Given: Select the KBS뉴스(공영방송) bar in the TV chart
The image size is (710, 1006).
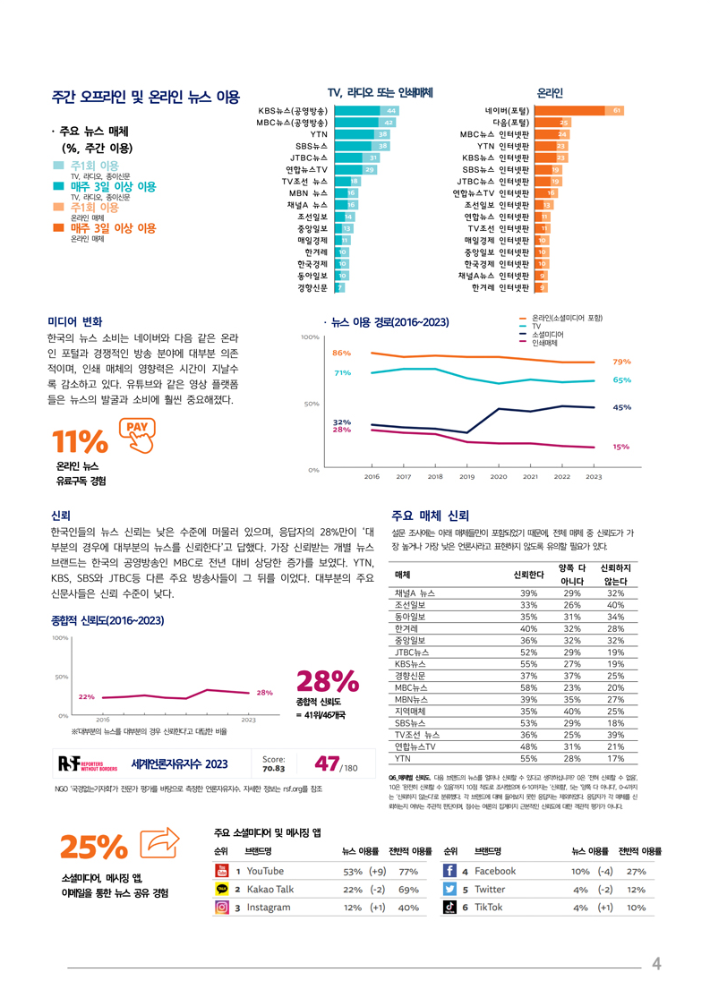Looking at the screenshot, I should (366, 110).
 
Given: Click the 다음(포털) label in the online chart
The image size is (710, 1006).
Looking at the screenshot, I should (510, 122).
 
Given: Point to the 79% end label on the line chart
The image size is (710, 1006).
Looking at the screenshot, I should (621, 362).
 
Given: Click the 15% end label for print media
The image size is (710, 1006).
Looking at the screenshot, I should (620, 447).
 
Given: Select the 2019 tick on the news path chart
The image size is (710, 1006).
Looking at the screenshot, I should (466, 477).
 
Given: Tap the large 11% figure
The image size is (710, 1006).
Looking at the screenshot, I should (80, 442).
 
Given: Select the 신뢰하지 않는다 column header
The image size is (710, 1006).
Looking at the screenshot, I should (615, 575).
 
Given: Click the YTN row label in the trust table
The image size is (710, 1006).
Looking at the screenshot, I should (403, 758).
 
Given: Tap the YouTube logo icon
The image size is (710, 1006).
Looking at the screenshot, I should (222, 871).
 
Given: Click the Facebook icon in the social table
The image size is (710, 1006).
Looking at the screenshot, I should (451, 871).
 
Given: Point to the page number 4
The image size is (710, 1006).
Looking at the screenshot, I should (656, 964).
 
